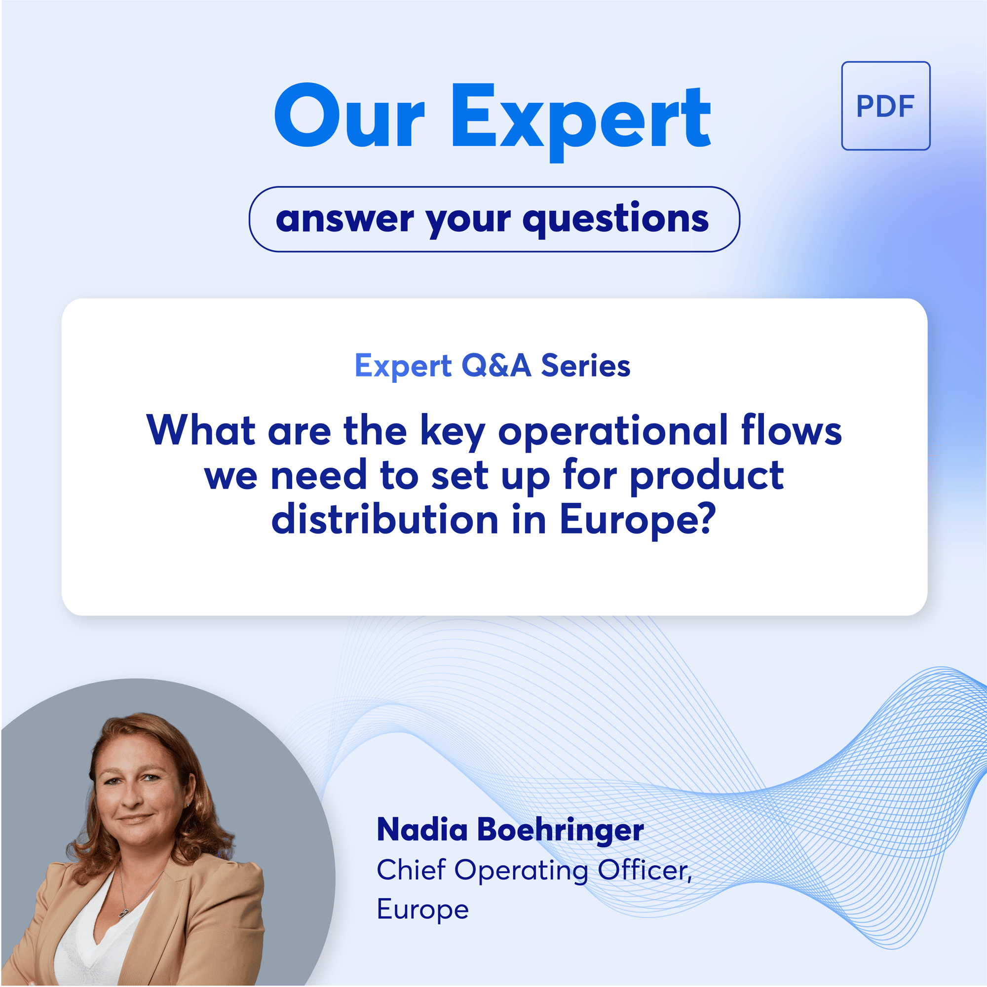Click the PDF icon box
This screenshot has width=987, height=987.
click(885, 106)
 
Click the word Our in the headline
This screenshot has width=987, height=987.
click(349, 116)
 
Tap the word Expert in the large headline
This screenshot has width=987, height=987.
click(580, 122)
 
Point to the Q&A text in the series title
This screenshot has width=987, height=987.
click(496, 366)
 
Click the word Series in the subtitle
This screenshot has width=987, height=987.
click(585, 366)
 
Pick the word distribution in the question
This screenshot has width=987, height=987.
click(385, 519)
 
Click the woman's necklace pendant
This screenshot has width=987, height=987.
click(123, 913)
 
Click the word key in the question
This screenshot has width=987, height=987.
click(452, 432)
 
